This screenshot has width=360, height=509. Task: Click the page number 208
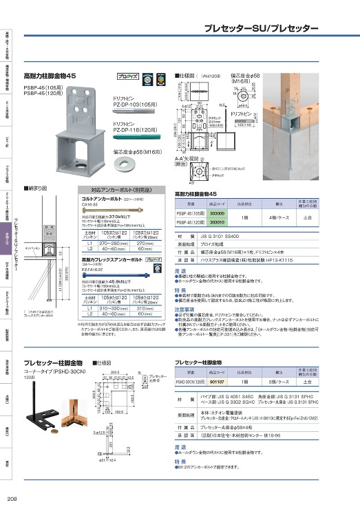[12, 499]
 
